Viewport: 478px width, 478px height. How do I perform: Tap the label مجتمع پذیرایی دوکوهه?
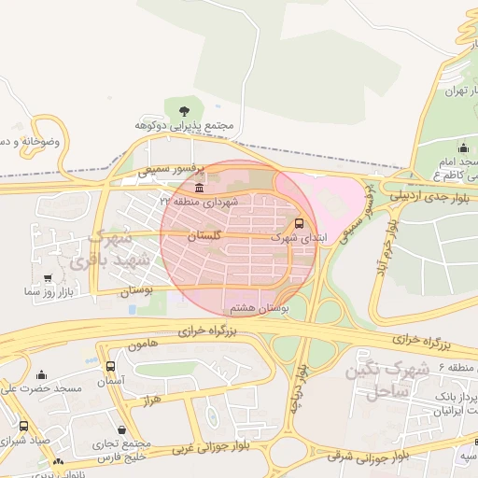183,124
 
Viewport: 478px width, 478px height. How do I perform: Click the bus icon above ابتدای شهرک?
299,224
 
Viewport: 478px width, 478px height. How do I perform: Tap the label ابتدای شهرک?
300,239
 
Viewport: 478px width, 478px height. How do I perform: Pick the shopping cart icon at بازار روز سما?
48,278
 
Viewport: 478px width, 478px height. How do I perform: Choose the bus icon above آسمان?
111,367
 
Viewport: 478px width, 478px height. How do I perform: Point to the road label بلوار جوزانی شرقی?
371,457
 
